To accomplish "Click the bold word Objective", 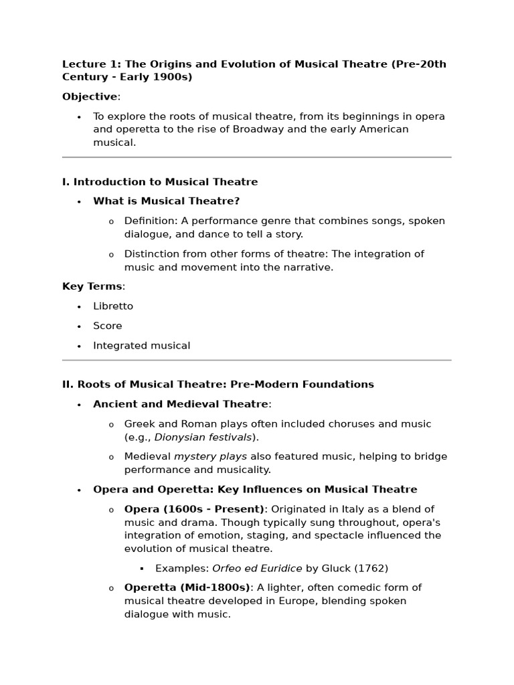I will tap(90, 97).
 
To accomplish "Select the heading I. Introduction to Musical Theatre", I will tap(160, 182).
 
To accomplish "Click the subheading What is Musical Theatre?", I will tap(166, 201).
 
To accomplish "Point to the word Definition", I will tap(150, 221).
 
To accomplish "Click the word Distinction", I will tap(152, 254).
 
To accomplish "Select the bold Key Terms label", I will tap(92, 286).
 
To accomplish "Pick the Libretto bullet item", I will tap(113, 306).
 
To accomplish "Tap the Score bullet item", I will tap(108, 326).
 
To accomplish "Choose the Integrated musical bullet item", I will tap(141, 346).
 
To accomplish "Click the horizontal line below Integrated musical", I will tap(257, 361).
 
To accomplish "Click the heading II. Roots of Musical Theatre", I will tap(218, 385).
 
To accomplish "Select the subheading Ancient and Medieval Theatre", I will tap(181, 404).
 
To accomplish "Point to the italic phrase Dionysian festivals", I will tap(203, 437).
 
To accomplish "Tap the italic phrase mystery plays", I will tap(210, 457).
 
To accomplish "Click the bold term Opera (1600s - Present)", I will tap(194, 509).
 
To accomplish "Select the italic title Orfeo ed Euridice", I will tap(257, 569).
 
